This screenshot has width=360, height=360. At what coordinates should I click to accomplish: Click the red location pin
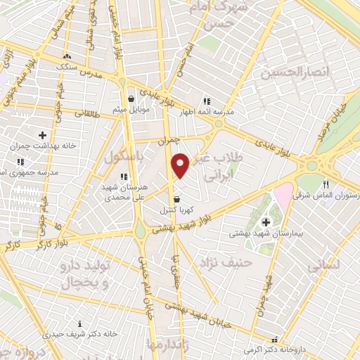point(181,165)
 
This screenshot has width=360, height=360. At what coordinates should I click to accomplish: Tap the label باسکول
point(124,157)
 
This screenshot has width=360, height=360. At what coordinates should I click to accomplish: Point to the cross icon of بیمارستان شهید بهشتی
point(265,223)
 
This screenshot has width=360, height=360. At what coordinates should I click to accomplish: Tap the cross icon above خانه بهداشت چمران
point(42,134)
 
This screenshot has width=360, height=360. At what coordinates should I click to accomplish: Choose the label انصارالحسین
point(285,72)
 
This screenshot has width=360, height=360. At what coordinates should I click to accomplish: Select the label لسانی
point(324,266)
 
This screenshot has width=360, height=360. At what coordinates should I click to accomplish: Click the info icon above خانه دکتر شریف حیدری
point(80,324)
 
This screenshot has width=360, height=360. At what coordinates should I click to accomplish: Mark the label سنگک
point(67,66)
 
